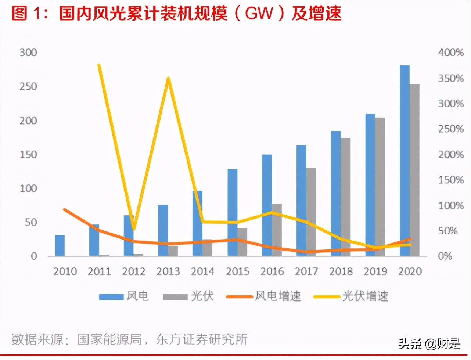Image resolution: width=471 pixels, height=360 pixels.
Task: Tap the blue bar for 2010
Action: (x=60, y=245)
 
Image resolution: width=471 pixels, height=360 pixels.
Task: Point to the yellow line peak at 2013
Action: (x=168, y=78)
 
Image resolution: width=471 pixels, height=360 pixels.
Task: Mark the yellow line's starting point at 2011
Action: (x=99, y=65)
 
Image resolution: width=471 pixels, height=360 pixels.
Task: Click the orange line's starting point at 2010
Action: (x=65, y=209)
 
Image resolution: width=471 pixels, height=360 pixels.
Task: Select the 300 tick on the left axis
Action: (x=28, y=53)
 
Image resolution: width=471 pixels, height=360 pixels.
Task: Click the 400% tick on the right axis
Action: (x=450, y=53)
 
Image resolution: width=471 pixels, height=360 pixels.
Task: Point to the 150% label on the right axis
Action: (x=450, y=180)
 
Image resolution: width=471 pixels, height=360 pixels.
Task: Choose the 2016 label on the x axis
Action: (x=272, y=271)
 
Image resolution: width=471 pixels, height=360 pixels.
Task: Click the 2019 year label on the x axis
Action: (x=375, y=271)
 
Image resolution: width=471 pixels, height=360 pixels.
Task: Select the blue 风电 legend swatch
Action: (x=111, y=296)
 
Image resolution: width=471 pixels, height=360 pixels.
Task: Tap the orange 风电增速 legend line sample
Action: (x=240, y=296)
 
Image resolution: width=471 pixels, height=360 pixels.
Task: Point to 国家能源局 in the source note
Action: (x=109, y=339)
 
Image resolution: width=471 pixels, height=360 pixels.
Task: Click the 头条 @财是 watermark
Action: (x=429, y=343)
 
